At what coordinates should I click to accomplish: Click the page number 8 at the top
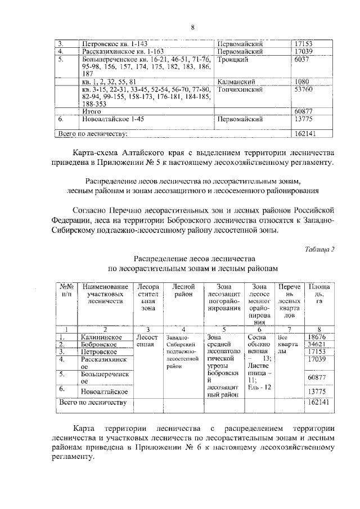192,28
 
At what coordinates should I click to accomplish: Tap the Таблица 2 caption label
318,249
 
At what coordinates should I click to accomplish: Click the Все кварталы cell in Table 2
287,341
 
